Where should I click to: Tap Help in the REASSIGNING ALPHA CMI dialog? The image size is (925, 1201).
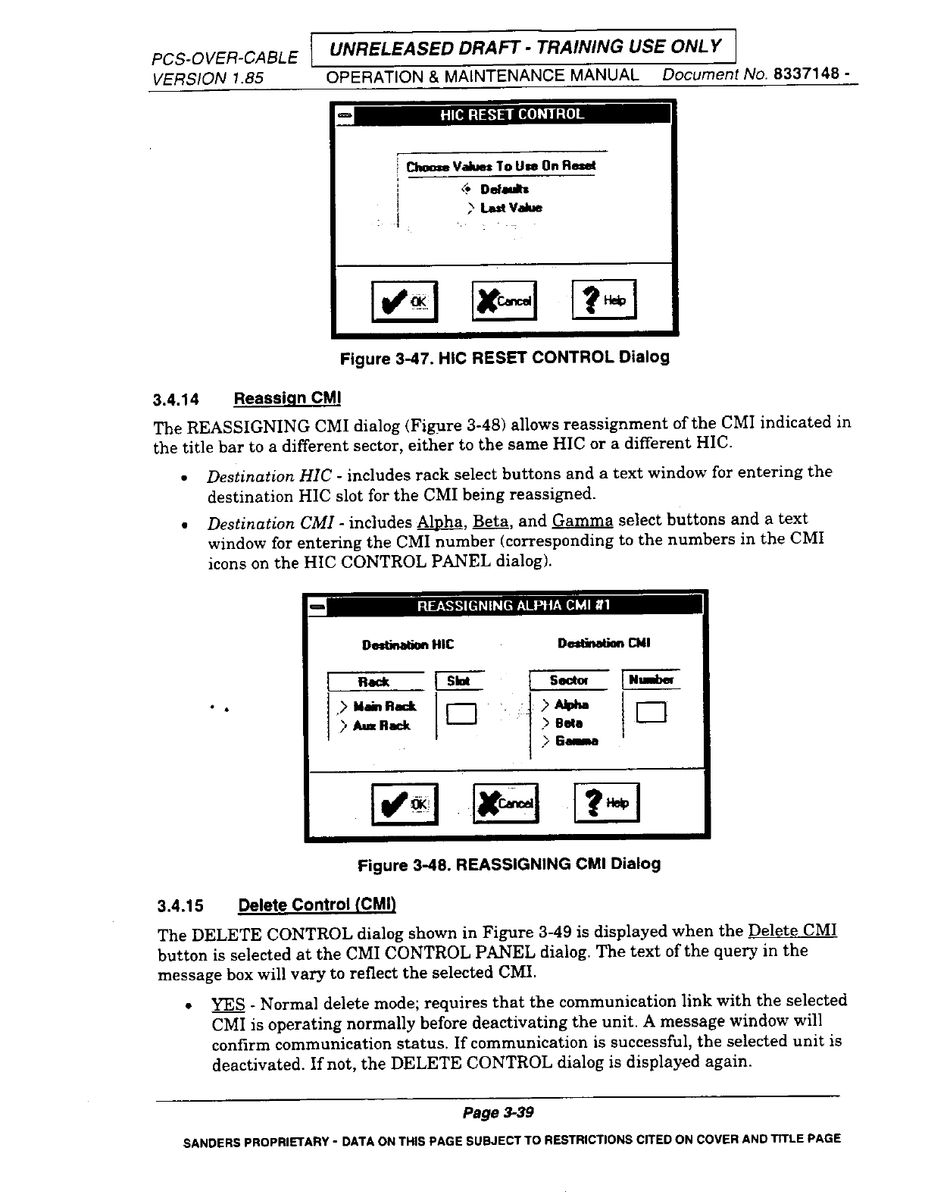pyautogui.click(x=607, y=803)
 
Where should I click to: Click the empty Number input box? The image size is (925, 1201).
pyautogui.click(x=652, y=713)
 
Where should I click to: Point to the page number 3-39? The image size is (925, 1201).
pyautogui.click(x=499, y=1113)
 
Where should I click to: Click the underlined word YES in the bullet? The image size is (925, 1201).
pyautogui.click(x=228, y=1004)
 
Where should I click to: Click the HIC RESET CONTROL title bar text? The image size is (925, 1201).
pyautogui.click(x=512, y=114)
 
